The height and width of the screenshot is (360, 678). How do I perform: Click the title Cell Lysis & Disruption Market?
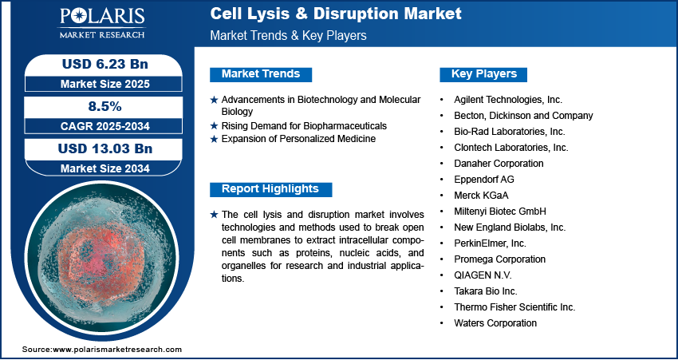pos(336,14)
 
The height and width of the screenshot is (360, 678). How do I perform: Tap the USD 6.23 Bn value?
pos(105,64)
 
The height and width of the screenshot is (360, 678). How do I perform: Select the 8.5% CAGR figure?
pos(105,106)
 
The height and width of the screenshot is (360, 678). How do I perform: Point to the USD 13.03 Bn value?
pos(105,148)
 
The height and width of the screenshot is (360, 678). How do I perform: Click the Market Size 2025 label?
pos(105,84)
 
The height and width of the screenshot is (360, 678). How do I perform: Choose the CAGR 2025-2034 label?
pos(105,126)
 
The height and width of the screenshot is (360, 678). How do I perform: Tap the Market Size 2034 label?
pos(105,168)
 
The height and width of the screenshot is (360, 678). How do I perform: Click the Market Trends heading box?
pos(261,74)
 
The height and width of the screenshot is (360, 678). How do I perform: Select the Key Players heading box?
pos(483,74)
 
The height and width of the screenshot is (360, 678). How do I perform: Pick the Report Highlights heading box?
pos(270,189)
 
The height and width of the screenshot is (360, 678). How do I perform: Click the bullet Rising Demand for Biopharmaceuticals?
pos(304,126)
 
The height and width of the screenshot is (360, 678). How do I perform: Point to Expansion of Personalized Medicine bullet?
pos(298,139)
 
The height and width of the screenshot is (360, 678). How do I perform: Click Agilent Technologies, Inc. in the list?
pos(508,100)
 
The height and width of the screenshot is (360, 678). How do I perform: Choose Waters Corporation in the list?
pos(495,322)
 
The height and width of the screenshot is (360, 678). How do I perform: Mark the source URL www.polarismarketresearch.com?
pos(117,349)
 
